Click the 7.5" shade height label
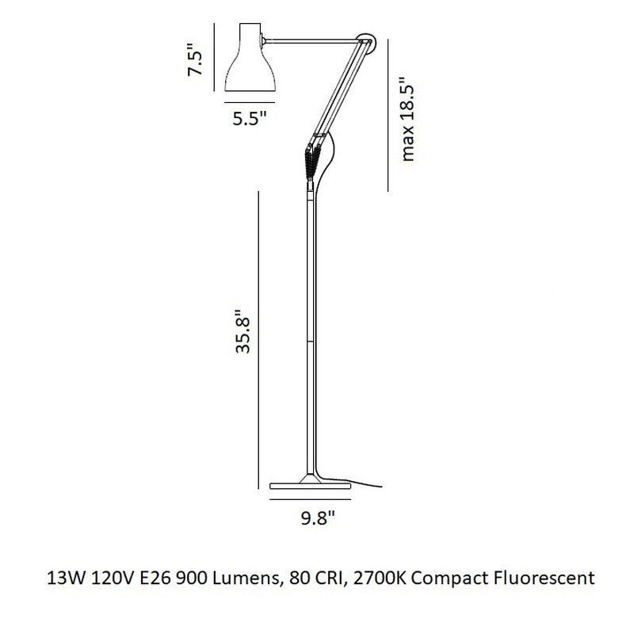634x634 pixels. tap(194, 60)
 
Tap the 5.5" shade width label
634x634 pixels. tap(250, 118)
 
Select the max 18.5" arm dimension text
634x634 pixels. tap(407, 118)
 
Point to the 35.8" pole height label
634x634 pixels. tap(243, 331)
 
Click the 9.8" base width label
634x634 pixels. tap(318, 518)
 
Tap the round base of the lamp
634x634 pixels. tap(310, 485)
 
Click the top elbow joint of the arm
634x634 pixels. tap(367, 42)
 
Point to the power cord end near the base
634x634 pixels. tap(380, 487)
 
